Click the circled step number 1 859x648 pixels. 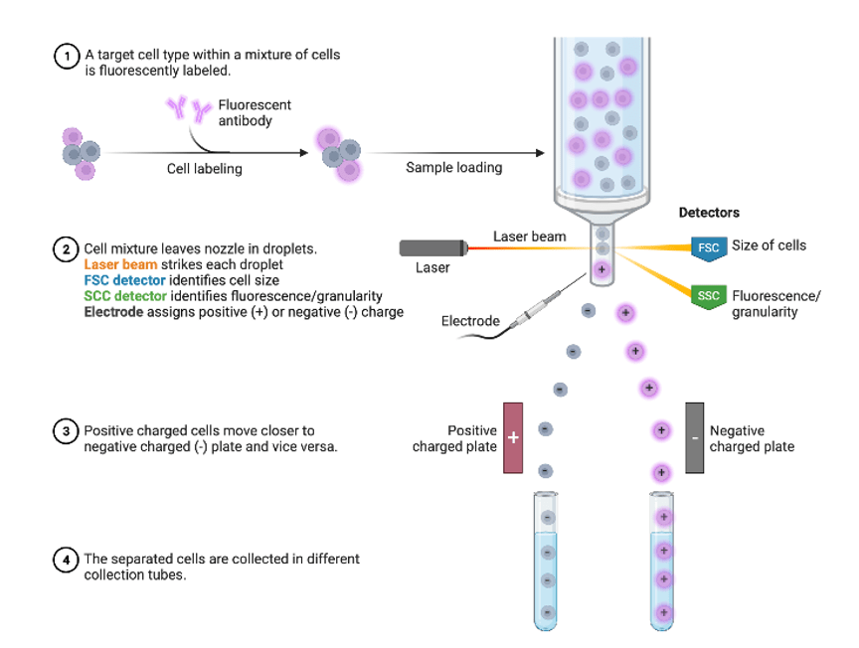pos(67,57)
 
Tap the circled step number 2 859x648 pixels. pos(67,248)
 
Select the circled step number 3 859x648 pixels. pos(67,431)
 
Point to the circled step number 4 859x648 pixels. pos(67,560)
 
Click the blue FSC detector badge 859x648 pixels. pos(707,247)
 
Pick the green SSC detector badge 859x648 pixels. pos(708,296)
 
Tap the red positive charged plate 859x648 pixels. pos(513,438)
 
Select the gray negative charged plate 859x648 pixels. pos(695,438)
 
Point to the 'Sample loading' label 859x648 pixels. pos(453,167)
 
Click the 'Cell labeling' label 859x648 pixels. pos(204,169)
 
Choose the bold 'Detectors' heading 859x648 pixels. pos(709,213)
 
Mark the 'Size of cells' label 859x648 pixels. pos(769,245)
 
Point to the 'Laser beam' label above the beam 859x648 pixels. pos(530,237)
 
